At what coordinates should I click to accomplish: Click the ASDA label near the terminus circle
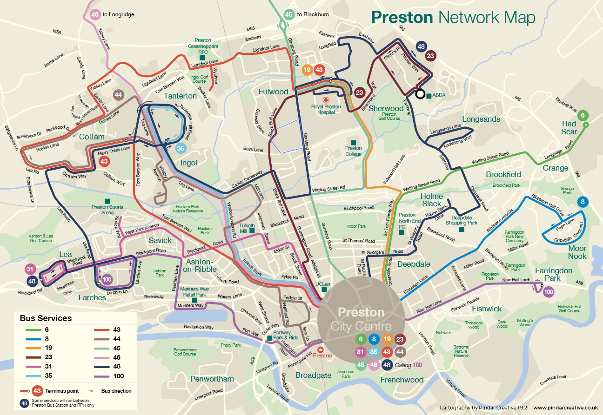pyautogui.click(x=439, y=95)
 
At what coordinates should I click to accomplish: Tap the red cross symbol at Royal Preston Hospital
pyautogui.click(x=326, y=100)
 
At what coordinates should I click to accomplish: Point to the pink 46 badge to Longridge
pyautogui.click(x=95, y=14)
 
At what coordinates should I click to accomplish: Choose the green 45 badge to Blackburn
pyautogui.click(x=289, y=14)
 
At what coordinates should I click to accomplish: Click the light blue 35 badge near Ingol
pyautogui.click(x=181, y=149)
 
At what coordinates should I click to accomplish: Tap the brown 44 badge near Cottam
pyautogui.click(x=118, y=95)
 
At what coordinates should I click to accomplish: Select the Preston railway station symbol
pyautogui.click(x=320, y=349)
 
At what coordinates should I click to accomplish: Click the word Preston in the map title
pyautogui.click(x=402, y=18)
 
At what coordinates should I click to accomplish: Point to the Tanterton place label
pyautogui.click(x=180, y=96)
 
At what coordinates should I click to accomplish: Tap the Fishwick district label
pyautogui.click(x=487, y=309)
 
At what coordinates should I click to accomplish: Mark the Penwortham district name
pyautogui.click(x=212, y=379)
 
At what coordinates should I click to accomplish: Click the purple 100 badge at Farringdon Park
pyautogui.click(x=548, y=292)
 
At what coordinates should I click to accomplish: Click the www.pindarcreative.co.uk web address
pyautogui.click(x=565, y=407)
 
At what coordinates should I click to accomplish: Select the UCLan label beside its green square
pyautogui.click(x=322, y=283)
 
